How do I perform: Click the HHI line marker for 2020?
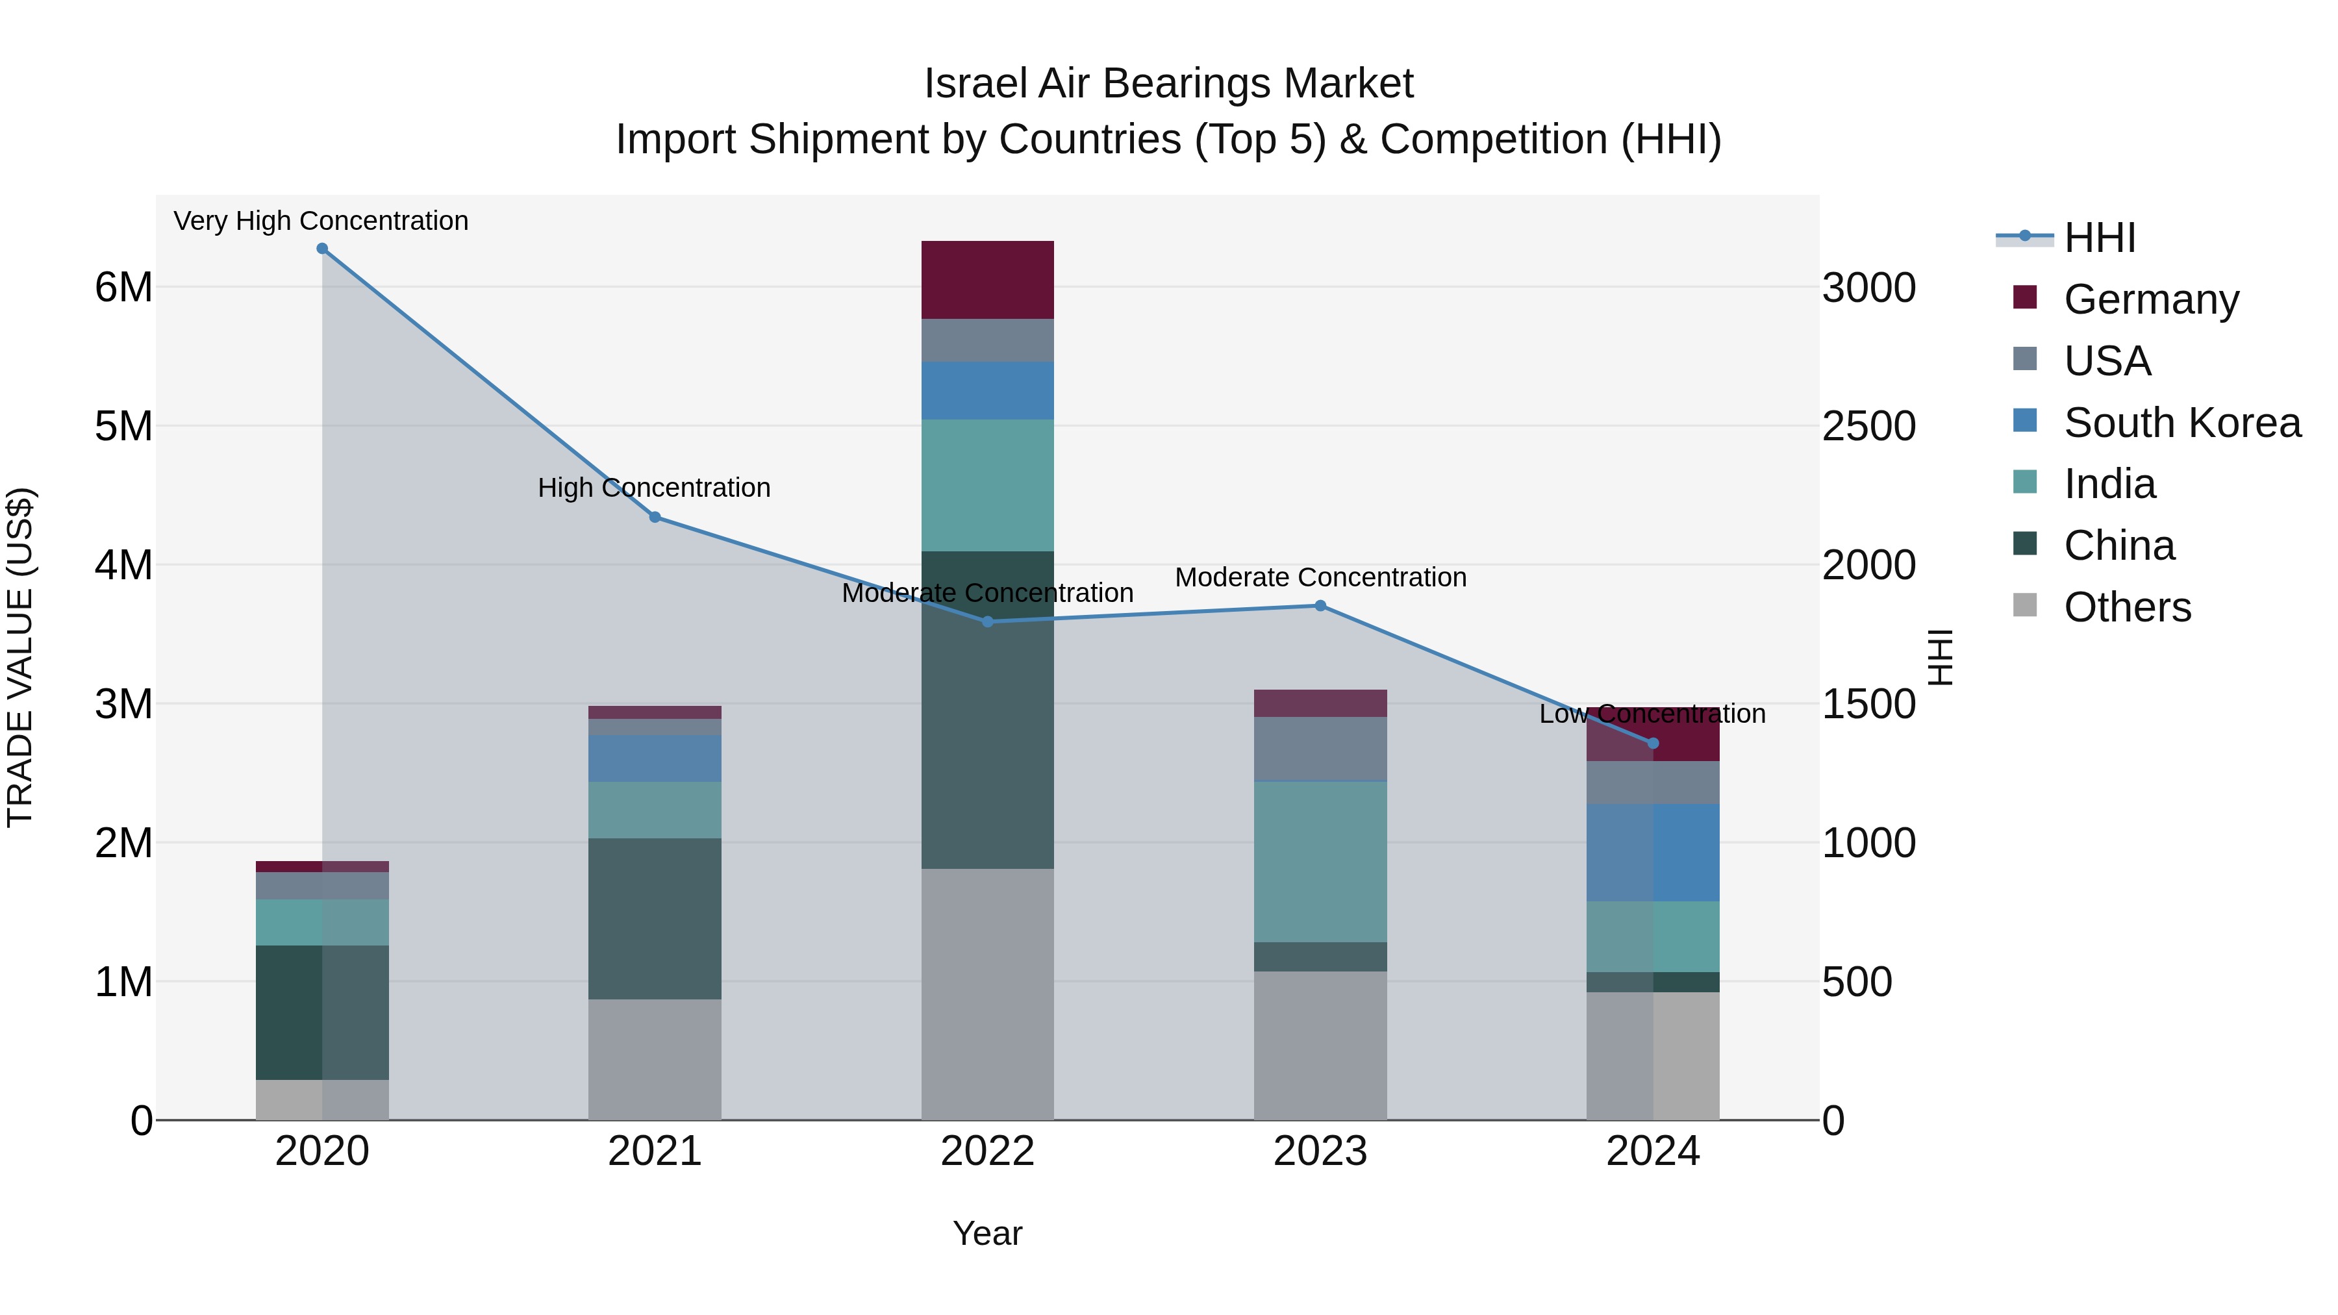[322, 249]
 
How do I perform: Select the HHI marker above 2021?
[655, 518]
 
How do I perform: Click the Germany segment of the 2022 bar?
[987, 279]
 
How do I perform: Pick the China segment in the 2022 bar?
[987, 710]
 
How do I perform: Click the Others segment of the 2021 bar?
[655, 1059]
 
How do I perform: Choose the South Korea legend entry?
[2182, 423]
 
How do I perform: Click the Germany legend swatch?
[2025, 297]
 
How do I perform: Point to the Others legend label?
[2128, 607]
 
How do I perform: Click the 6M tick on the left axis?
[123, 288]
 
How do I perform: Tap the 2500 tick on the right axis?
[1868, 427]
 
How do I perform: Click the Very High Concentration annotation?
[321, 221]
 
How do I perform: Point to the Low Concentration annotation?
[1652, 714]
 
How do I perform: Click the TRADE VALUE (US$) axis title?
[20, 657]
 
